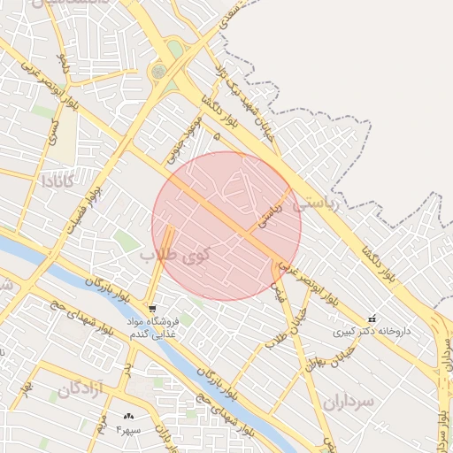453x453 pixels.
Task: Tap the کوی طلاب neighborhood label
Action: click(x=175, y=257)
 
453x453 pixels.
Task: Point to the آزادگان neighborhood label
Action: click(x=81, y=388)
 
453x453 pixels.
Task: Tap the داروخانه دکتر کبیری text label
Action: click(x=372, y=333)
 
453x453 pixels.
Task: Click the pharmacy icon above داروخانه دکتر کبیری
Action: click(x=372, y=319)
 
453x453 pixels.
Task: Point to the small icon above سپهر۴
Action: click(x=129, y=416)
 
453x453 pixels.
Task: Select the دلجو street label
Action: click(x=62, y=64)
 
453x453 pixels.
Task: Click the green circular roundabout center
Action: click(x=159, y=71)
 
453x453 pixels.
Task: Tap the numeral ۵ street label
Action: click(x=217, y=135)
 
